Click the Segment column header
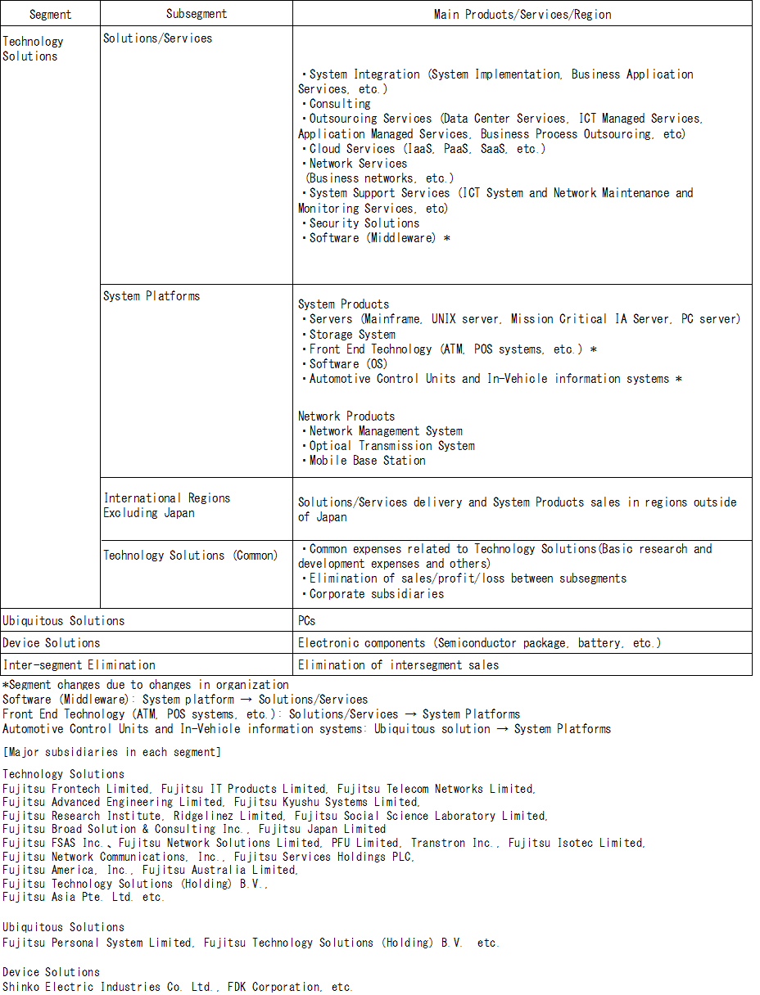[50, 14]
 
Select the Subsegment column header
[197, 14]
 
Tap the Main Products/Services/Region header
[522, 14]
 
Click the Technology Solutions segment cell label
[33, 48]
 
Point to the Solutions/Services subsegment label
[157, 38]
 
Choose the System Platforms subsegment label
[152, 295]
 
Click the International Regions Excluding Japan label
[166, 505]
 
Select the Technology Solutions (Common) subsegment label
[190, 555]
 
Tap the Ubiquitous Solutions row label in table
[63, 621]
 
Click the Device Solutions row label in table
[51, 643]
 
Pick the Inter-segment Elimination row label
[79, 665]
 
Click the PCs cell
[307, 621]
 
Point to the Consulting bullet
[339, 104]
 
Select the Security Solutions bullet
[364, 223]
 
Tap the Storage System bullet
[352, 334]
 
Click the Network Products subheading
[346, 416]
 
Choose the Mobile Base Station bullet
[367, 461]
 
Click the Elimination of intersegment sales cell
[398, 665]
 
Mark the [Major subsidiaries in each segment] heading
[111, 751]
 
